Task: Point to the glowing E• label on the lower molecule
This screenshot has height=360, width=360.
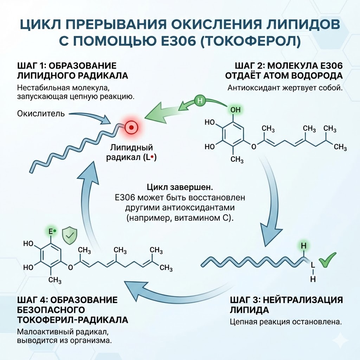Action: pyautogui.click(x=52, y=232)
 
